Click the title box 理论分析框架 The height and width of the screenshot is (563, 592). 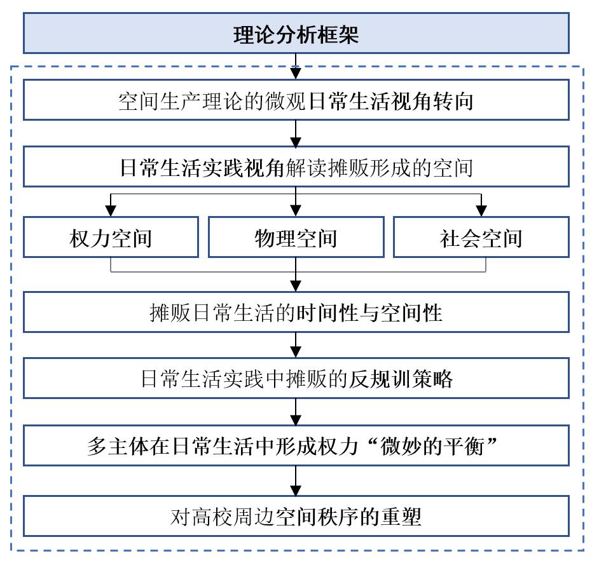click(x=296, y=33)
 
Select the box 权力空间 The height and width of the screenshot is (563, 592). click(x=111, y=238)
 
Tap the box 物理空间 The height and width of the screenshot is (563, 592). click(x=296, y=238)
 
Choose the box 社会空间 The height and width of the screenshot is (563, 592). click(x=481, y=238)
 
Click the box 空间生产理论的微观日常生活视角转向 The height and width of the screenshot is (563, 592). click(x=296, y=100)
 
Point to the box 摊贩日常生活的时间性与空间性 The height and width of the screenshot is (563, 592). click(x=296, y=312)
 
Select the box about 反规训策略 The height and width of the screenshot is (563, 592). click(x=296, y=378)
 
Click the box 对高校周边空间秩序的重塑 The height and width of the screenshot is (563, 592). click(x=296, y=516)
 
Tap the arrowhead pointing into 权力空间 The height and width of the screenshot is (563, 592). click(x=111, y=211)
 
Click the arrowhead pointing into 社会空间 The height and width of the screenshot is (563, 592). click(x=481, y=211)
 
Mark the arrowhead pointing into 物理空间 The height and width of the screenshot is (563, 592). click(x=296, y=211)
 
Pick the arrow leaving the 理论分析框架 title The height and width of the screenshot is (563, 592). click(x=296, y=67)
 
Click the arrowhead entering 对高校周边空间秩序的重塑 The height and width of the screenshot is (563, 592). click(x=296, y=490)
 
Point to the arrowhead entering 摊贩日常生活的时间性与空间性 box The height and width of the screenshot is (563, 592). click(x=296, y=286)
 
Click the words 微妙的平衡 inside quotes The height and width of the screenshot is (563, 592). click(x=432, y=447)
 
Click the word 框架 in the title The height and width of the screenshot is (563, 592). click(x=338, y=35)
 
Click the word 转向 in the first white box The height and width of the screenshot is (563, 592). click(x=453, y=101)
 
